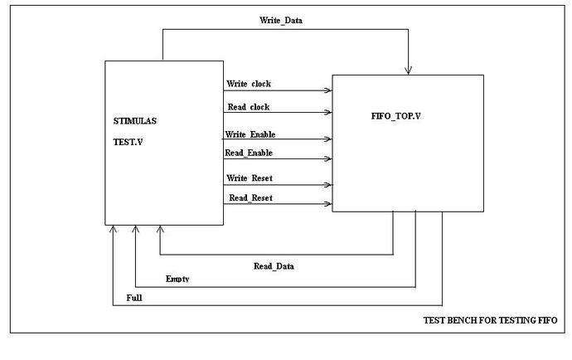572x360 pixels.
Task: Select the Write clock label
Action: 249,84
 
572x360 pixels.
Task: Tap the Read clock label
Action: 249,107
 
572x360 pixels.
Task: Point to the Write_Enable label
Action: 250,134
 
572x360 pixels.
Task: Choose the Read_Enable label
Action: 249,153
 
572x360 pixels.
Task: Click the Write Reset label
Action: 250,178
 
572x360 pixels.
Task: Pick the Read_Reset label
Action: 250,197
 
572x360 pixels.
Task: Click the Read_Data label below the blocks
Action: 274,266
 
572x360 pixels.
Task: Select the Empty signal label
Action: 177,280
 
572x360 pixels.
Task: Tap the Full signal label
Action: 134,297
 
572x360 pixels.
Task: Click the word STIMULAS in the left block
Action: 135,121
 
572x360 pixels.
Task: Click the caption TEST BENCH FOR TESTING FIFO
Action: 490,320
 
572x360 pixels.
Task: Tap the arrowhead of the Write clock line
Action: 328,90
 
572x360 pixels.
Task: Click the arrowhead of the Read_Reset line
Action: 328,203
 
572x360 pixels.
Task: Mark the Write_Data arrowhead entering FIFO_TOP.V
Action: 409,69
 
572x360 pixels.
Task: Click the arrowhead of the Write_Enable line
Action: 328,139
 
